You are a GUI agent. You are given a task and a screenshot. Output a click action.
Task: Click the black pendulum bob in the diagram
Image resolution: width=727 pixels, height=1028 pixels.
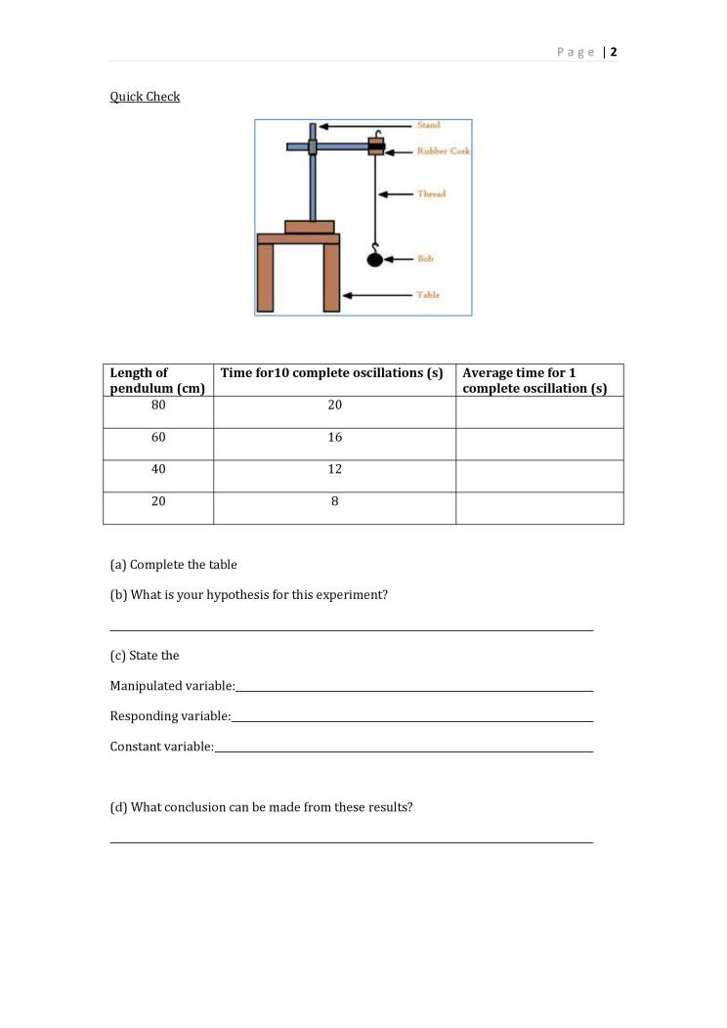pos(374,259)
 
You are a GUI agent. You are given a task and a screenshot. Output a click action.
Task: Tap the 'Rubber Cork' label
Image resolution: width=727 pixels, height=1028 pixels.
pos(444,151)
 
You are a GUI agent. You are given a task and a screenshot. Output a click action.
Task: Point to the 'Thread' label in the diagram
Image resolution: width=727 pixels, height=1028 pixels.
pos(431,193)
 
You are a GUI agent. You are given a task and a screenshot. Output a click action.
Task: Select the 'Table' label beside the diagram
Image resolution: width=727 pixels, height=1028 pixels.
pos(428,295)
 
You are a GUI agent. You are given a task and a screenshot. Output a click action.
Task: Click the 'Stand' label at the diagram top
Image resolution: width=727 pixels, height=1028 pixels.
pos(428,125)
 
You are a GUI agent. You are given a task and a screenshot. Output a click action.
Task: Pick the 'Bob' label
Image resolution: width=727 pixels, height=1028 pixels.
pos(425,259)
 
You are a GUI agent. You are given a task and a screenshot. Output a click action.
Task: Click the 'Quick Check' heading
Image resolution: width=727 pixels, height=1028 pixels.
pos(145,97)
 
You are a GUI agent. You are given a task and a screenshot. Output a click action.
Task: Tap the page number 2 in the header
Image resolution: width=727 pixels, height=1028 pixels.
pos(614,52)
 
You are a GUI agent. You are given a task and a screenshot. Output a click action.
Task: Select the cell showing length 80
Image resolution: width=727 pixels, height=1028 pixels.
pos(158,405)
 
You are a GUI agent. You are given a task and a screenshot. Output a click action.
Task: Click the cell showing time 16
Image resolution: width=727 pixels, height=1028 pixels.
pos(334,437)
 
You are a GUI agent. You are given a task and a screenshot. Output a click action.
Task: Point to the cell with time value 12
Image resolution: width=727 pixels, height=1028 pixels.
pos(334,469)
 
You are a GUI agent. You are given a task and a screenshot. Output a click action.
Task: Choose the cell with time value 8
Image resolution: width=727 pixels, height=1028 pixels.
pos(334,501)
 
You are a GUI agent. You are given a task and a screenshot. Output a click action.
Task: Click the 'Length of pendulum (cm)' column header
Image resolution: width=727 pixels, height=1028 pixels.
pos(157,380)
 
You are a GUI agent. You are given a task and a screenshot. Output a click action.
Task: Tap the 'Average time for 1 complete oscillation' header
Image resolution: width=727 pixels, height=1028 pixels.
pos(535,380)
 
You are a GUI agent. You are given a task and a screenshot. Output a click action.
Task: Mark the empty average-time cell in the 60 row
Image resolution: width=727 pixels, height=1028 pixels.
pos(539,444)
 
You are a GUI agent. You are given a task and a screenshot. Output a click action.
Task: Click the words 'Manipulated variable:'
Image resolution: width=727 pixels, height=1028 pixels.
pos(172,686)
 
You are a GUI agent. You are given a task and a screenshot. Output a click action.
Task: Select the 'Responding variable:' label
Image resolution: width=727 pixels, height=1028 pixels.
pos(170,716)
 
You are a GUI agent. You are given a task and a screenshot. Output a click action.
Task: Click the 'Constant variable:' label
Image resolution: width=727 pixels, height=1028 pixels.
pos(161,747)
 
